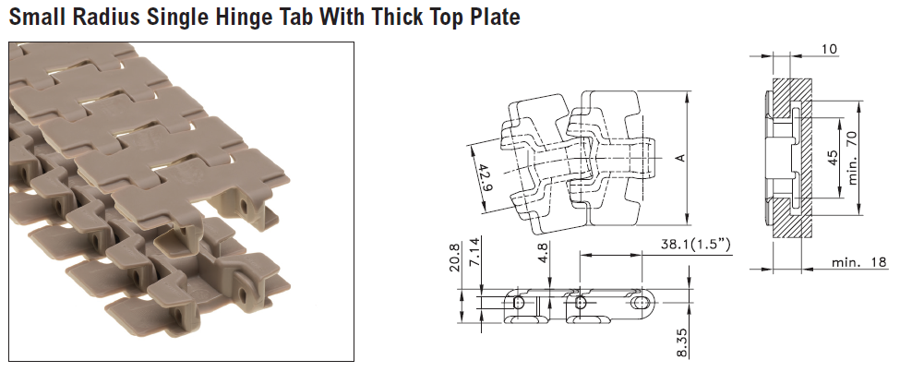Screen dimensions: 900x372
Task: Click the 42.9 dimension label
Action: pyautogui.click(x=485, y=178)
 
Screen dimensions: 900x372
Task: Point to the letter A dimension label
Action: pyautogui.click(x=680, y=158)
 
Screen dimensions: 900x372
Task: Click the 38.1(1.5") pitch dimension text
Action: pyautogui.click(x=696, y=245)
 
